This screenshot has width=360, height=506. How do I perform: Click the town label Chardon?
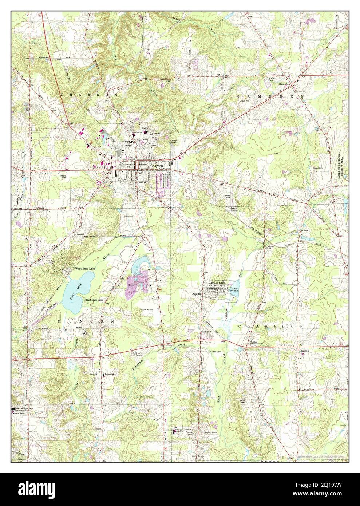click(x=157, y=165)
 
